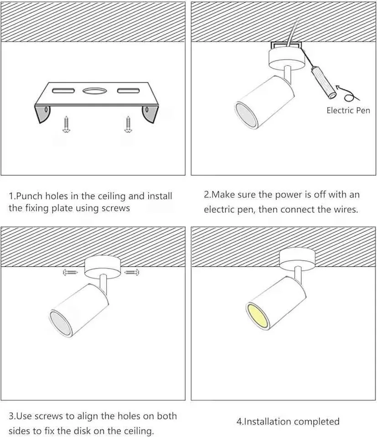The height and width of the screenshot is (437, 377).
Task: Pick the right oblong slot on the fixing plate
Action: [x=127, y=90]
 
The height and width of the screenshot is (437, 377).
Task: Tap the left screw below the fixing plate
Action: [x=66, y=124]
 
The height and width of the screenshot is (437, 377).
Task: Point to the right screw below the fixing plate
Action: [x=127, y=124]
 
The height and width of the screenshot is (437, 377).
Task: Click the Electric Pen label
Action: [x=348, y=110]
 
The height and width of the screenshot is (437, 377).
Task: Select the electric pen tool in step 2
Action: [x=323, y=82]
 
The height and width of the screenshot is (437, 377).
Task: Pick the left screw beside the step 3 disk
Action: [x=71, y=272]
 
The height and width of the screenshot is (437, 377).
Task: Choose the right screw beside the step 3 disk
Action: [x=132, y=272]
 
